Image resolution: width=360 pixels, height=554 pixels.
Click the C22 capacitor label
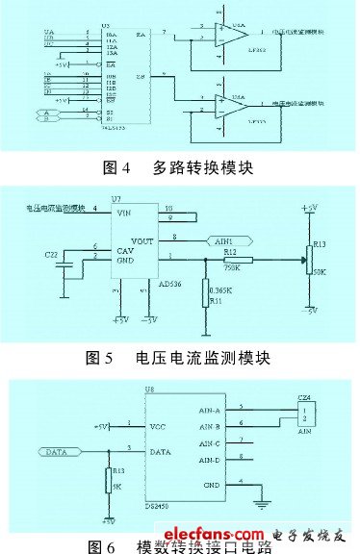pos(50,254)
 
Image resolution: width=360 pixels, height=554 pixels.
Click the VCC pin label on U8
pos(159,425)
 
